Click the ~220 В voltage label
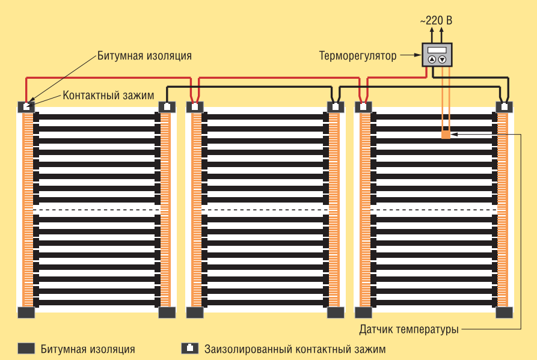click(436, 20)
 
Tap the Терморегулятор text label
click(357, 56)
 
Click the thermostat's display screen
click(437, 50)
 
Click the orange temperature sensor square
click(446, 135)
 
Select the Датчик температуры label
click(409, 329)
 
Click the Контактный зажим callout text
click(108, 96)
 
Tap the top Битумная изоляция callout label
click(144, 56)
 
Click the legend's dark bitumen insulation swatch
click(26, 349)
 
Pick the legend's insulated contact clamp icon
click(189, 349)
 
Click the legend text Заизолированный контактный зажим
click(295, 349)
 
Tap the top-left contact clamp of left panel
click(26, 107)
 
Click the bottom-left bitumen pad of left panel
click(26, 313)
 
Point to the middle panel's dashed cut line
click(265, 209)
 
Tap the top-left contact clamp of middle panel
click(194, 107)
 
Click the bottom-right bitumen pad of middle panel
click(336, 313)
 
